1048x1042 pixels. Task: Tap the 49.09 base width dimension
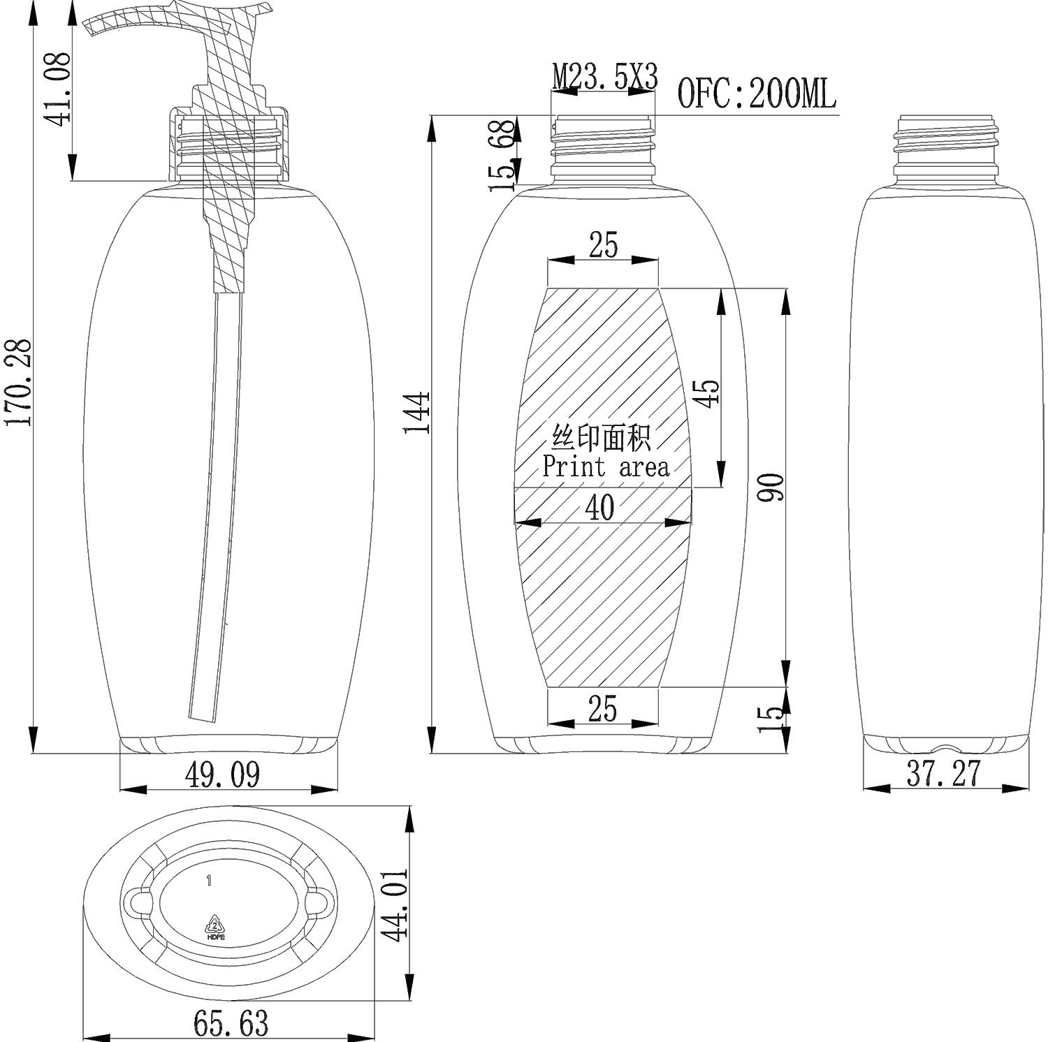(x=223, y=775)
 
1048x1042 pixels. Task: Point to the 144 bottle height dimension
(x=418, y=413)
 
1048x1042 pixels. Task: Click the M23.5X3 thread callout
(x=604, y=78)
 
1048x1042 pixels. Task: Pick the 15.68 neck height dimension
(x=502, y=156)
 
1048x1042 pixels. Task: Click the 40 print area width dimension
(x=599, y=508)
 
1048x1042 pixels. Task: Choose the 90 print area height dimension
(x=773, y=487)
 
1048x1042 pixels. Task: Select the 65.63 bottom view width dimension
(x=230, y=1024)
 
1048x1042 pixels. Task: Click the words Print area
(x=606, y=467)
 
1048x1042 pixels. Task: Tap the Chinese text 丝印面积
(x=602, y=438)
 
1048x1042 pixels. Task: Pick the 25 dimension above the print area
(x=603, y=245)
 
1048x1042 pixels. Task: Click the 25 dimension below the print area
(x=602, y=708)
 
